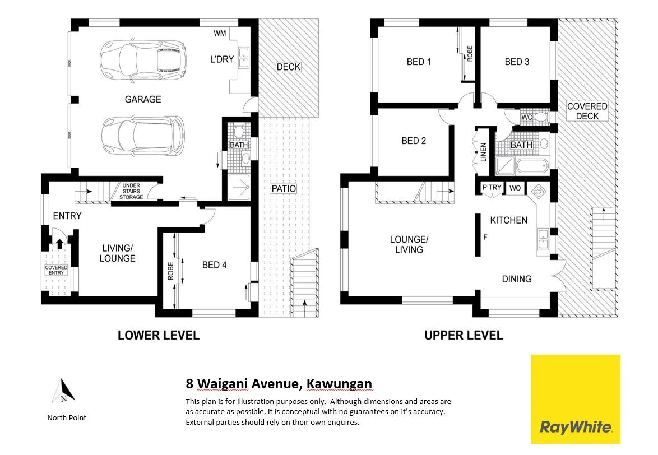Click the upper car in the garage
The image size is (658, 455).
(143, 58)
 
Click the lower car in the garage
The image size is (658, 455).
(143, 134)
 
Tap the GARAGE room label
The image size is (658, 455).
(143, 99)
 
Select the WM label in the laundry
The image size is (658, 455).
(220, 33)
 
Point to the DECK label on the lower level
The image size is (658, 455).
(289, 67)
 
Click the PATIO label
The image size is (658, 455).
(284, 189)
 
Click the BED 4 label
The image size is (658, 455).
(214, 264)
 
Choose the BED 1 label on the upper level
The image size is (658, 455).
(419, 62)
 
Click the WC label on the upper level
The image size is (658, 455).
(526, 118)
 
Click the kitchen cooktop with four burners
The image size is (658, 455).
(539, 191)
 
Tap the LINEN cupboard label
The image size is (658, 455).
(483, 152)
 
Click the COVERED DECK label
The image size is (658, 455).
(587, 111)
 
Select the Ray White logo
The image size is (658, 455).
(576, 399)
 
